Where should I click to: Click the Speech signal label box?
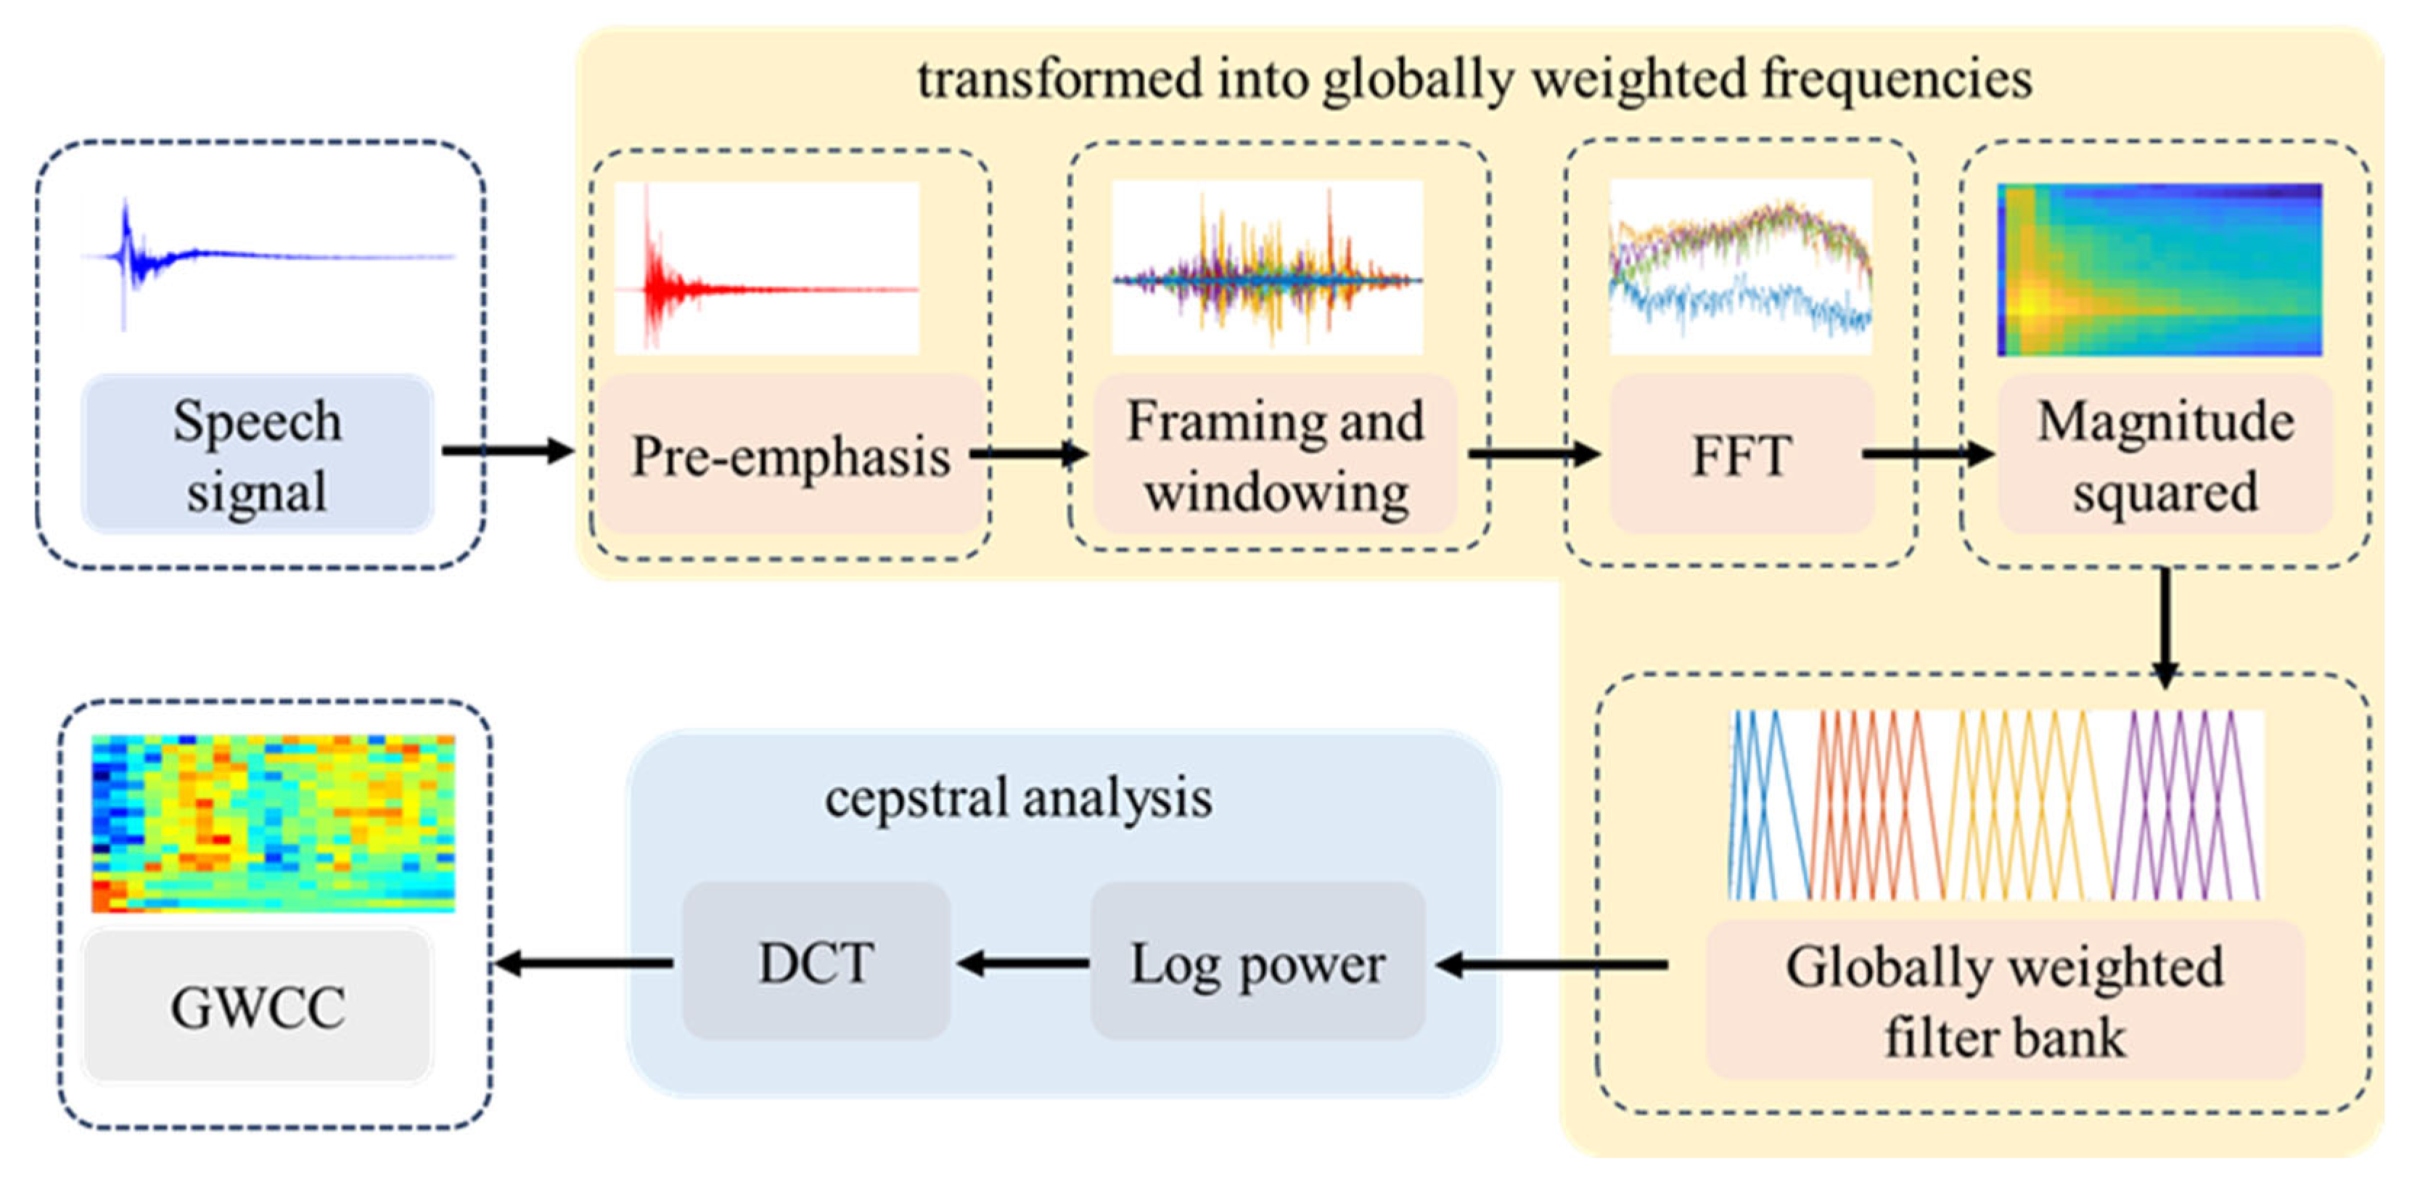tap(257, 455)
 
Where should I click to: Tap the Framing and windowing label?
tap(1275, 455)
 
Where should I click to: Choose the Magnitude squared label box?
tap(2164, 455)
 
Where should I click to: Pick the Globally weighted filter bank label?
tap(2004, 1001)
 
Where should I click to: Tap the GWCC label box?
tap(257, 1006)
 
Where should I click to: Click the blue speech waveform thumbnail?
tap(268, 258)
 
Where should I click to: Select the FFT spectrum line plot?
tap(1741, 266)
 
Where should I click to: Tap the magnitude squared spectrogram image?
tap(2159, 270)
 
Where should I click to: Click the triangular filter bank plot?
tap(1995, 805)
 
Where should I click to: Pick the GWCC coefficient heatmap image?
tap(273, 823)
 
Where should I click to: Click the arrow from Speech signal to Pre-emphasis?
tap(506, 451)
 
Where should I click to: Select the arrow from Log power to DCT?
tap(1022, 964)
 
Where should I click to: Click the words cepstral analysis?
tap(1018, 798)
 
